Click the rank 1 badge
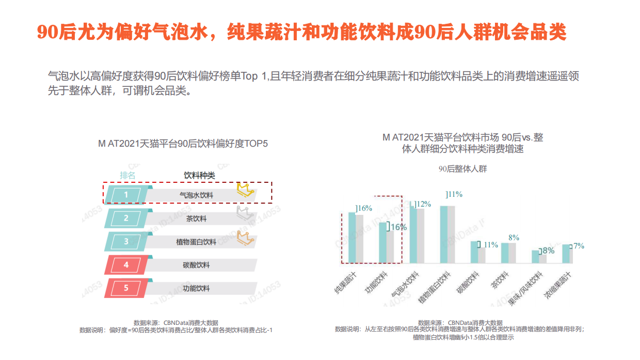tap(126, 194)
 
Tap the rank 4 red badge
tap(126, 265)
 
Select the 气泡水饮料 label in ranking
tap(196, 195)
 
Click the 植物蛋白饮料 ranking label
tap(196, 242)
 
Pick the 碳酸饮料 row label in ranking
tap(196, 265)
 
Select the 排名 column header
tap(128, 175)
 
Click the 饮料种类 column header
tap(199, 175)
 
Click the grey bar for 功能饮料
tap(390, 247)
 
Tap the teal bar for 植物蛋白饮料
tap(444, 234)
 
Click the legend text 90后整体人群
tap(462, 169)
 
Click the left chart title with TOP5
tap(183, 144)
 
